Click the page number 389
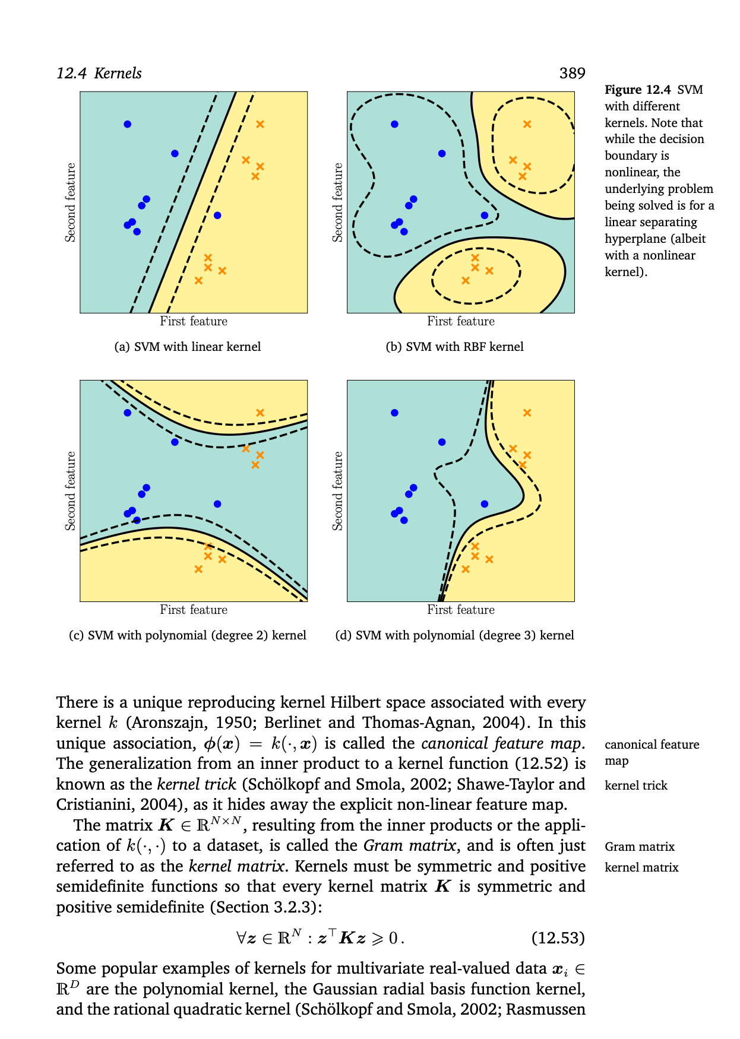coord(572,74)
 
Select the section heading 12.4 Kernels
coord(99,74)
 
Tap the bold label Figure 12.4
coord(637,90)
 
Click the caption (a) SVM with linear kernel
coord(187,347)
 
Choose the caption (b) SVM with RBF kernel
coord(454,347)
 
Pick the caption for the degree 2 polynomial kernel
coord(187,635)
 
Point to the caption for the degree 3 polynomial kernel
coord(454,635)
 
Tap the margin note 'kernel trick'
coord(635,785)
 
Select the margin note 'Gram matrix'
coord(640,847)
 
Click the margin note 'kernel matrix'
coord(641,867)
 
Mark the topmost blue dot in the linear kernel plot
coord(127,124)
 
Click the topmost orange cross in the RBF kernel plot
coord(527,124)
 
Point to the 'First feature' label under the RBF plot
coord(460,321)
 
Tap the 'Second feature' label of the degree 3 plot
coord(338,491)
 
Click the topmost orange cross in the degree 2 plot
coord(260,413)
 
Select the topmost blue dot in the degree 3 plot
coord(394,413)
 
